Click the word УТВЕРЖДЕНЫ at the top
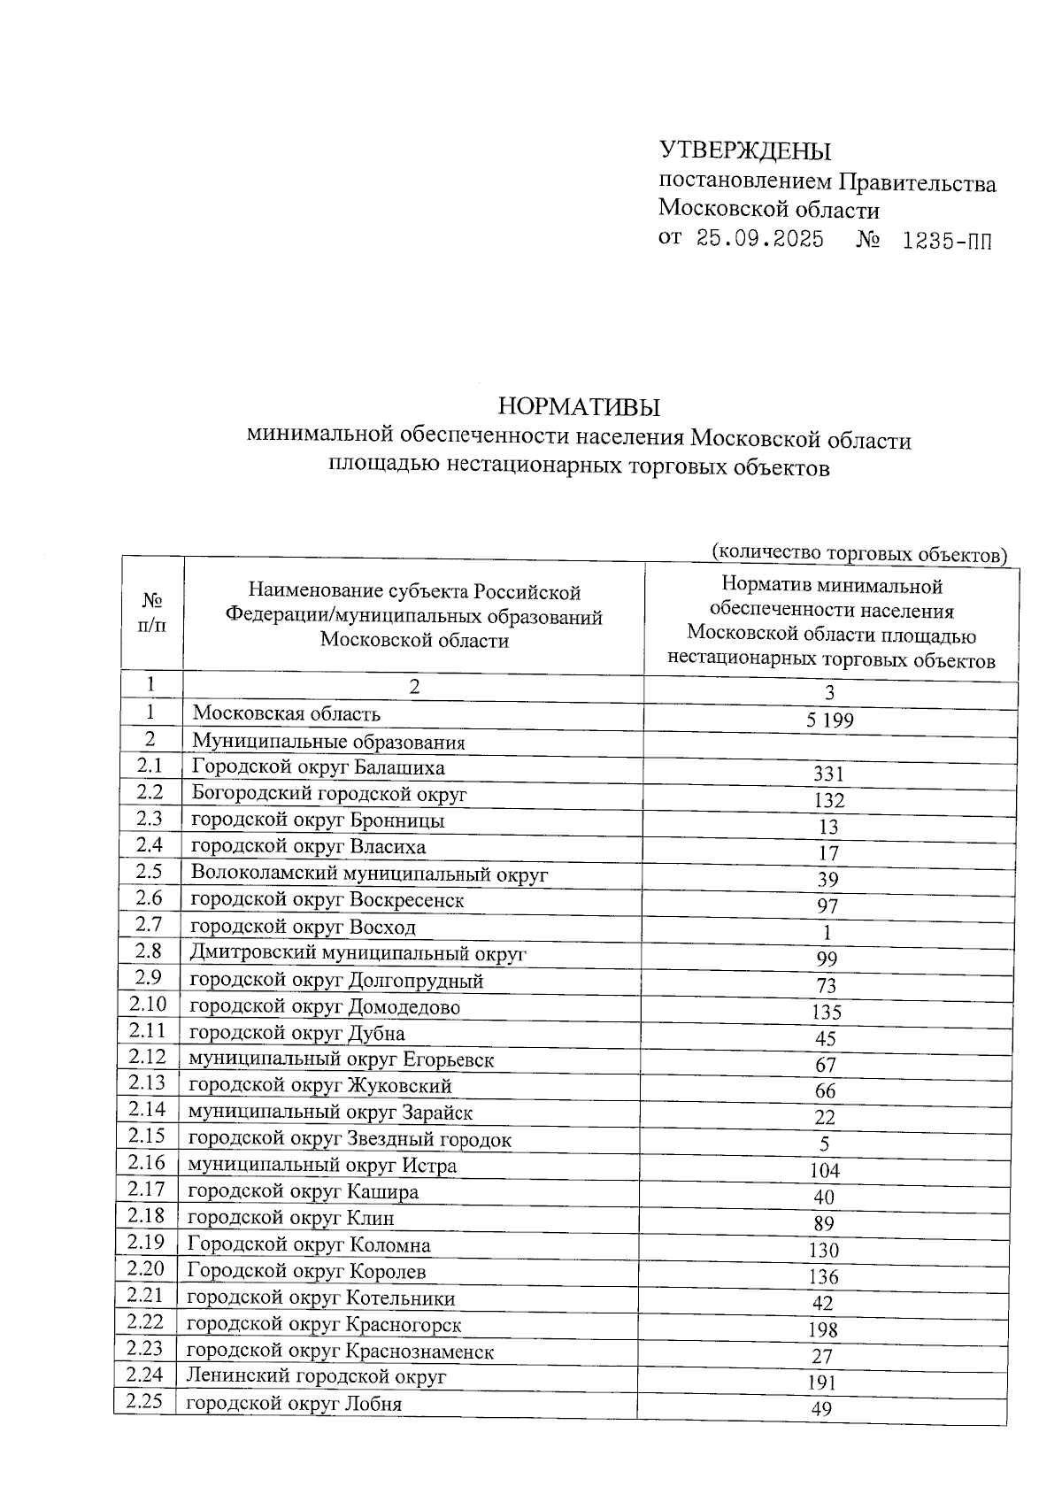[745, 151]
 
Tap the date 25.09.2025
[759, 239]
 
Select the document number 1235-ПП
[946, 241]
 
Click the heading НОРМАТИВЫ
[580, 407]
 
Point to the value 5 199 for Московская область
[829, 720]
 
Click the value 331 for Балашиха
[829, 774]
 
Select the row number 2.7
[149, 925]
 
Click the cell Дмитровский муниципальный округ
[358, 953]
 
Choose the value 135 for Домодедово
[826, 1012]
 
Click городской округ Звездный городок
[350, 1139]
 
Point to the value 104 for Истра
[825, 1171]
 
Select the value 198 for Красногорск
[823, 1329]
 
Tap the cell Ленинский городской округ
[316, 1376]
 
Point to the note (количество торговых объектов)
[859, 553]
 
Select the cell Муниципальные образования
[328, 742]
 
